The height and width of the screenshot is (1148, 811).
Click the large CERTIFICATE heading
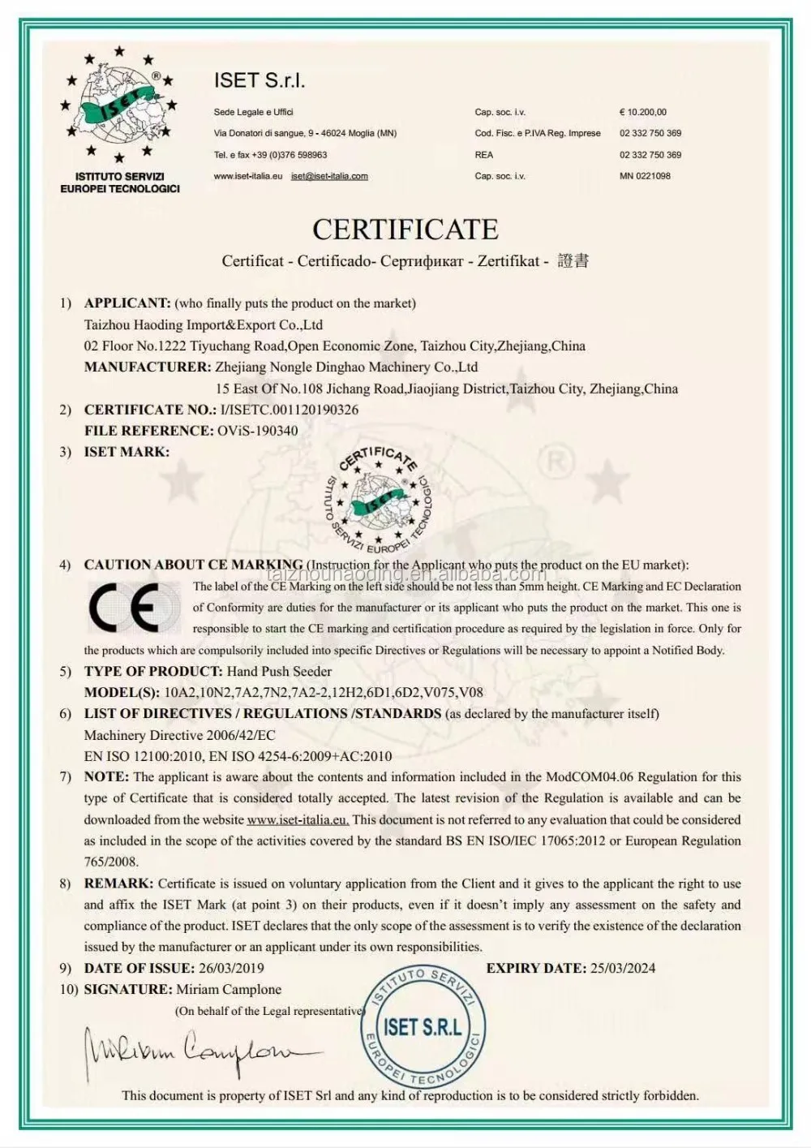[405, 230]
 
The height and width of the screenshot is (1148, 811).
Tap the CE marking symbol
[135, 608]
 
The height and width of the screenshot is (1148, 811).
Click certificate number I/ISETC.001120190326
[290, 410]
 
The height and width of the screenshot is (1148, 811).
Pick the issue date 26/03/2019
[231, 968]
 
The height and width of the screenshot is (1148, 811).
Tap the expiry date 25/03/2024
[623, 968]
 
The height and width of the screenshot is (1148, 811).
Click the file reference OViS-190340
[257, 431]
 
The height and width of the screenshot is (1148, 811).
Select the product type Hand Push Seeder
[279, 671]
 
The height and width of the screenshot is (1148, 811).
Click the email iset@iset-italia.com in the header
[329, 176]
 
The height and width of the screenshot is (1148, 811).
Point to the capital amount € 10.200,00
[643, 112]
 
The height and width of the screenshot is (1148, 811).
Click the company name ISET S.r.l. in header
[260, 80]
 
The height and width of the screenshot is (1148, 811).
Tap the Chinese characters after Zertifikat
[573, 260]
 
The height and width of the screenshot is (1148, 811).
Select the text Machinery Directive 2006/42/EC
[180, 735]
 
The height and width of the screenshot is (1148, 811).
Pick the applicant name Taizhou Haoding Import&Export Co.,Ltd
[204, 325]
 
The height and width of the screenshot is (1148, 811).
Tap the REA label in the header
[484, 155]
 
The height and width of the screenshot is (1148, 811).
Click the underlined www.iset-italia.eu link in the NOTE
[298, 819]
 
